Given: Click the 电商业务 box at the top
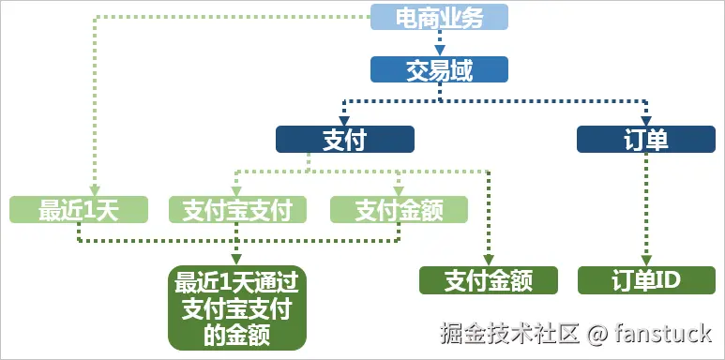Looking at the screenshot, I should (x=439, y=17).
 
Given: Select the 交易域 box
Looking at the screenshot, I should (x=439, y=69).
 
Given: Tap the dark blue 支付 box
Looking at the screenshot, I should (x=344, y=140).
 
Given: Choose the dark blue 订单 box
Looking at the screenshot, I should (x=645, y=140).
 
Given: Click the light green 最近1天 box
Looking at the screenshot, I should (x=79, y=210).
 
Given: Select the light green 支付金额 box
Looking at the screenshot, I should (x=399, y=210).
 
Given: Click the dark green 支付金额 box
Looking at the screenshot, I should (x=489, y=279).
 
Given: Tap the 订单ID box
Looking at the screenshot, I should (x=645, y=279).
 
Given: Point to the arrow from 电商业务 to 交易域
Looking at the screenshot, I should (x=439, y=43).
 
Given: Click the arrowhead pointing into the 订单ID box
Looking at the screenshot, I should (x=645, y=261).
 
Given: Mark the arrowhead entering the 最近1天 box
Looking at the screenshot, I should (x=94, y=191).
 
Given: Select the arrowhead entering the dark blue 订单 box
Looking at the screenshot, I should (x=645, y=121).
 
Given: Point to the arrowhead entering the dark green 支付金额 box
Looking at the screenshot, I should (x=489, y=261).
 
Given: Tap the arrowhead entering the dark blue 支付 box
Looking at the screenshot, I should (x=344, y=121).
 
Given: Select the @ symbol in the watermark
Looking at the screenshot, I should (x=599, y=333).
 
